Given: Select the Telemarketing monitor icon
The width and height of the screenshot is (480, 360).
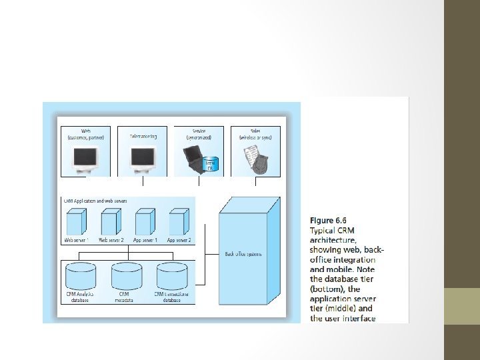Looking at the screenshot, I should (143, 158).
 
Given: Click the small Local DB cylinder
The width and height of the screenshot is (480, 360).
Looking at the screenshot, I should (211, 163).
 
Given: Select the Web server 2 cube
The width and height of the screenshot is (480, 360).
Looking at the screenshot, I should (111, 221).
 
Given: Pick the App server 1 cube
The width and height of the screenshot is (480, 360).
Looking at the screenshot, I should (145, 221).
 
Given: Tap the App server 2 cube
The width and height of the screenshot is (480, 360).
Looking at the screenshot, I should (178, 221).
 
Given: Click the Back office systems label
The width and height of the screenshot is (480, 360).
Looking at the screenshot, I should (243, 253).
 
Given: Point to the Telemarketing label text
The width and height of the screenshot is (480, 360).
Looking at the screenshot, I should (143, 136).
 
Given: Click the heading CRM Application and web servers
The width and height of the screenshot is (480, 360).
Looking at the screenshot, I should (95, 199).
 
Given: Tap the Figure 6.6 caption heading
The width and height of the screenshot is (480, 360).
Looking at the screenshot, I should (328, 220).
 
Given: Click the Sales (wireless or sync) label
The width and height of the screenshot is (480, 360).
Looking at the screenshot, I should (256, 134).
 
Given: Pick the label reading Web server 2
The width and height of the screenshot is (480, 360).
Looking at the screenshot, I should (111, 239).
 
